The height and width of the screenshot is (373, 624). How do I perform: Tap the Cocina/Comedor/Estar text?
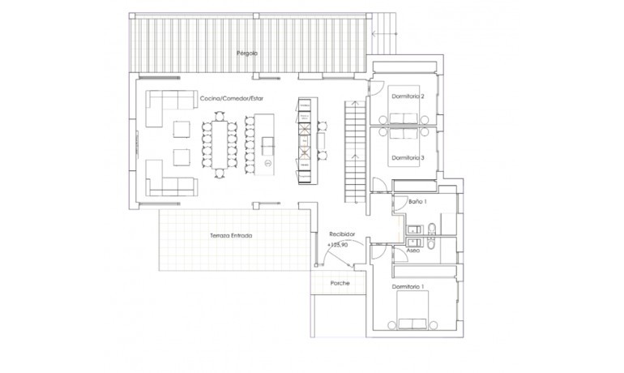[232, 99]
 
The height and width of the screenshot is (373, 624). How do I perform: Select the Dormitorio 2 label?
[408, 96]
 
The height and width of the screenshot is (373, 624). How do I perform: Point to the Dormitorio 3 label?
[408, 157]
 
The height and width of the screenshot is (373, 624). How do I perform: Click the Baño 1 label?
[417, 200]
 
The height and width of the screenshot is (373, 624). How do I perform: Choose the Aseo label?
[412, 251]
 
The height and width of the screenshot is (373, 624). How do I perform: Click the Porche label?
[340, 283]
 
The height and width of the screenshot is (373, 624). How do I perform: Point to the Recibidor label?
[343, 233]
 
